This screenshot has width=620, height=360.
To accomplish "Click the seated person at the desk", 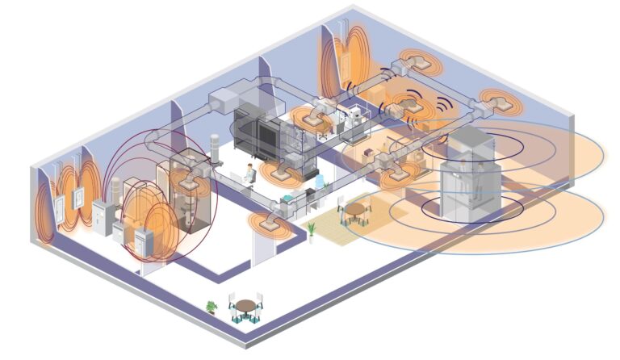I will coord(250,174).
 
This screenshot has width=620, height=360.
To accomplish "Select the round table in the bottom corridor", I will coord(245,307).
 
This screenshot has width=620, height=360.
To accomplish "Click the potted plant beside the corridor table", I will coord(212,307).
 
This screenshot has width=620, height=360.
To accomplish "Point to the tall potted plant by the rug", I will coord(311,231).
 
